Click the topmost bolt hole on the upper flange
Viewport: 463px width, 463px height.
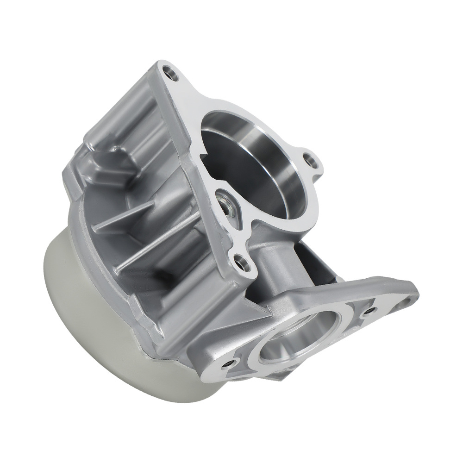171,72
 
